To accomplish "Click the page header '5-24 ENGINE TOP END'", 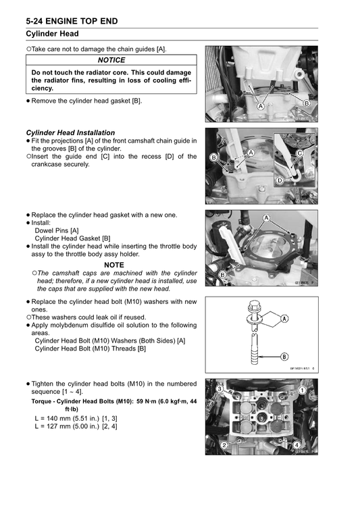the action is [72, 22].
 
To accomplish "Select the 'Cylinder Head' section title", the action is [52, 34].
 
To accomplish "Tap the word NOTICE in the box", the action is [111, 60].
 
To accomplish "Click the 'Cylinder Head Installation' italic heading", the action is [70, 132].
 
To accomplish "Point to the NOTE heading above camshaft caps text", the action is [114, 265].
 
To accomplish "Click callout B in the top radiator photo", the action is [306, 103].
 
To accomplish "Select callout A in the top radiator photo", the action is [261, 106].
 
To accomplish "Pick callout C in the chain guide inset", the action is [299, 153].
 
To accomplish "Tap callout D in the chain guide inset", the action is [280, 180].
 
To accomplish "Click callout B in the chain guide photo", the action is [214, 157].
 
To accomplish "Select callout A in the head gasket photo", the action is [266, 218].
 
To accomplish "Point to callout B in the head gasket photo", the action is [223, 275].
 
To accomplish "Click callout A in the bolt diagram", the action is [284, 319].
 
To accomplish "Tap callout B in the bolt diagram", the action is [284, 357].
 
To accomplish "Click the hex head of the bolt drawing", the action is [253, 305].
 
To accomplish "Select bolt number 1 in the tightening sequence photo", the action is [302, 390].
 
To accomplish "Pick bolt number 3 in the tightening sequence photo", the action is [220, 388].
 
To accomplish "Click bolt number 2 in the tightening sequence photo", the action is [224, 444].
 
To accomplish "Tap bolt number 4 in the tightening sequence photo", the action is [297, 444].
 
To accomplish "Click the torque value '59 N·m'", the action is [147, 401].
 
